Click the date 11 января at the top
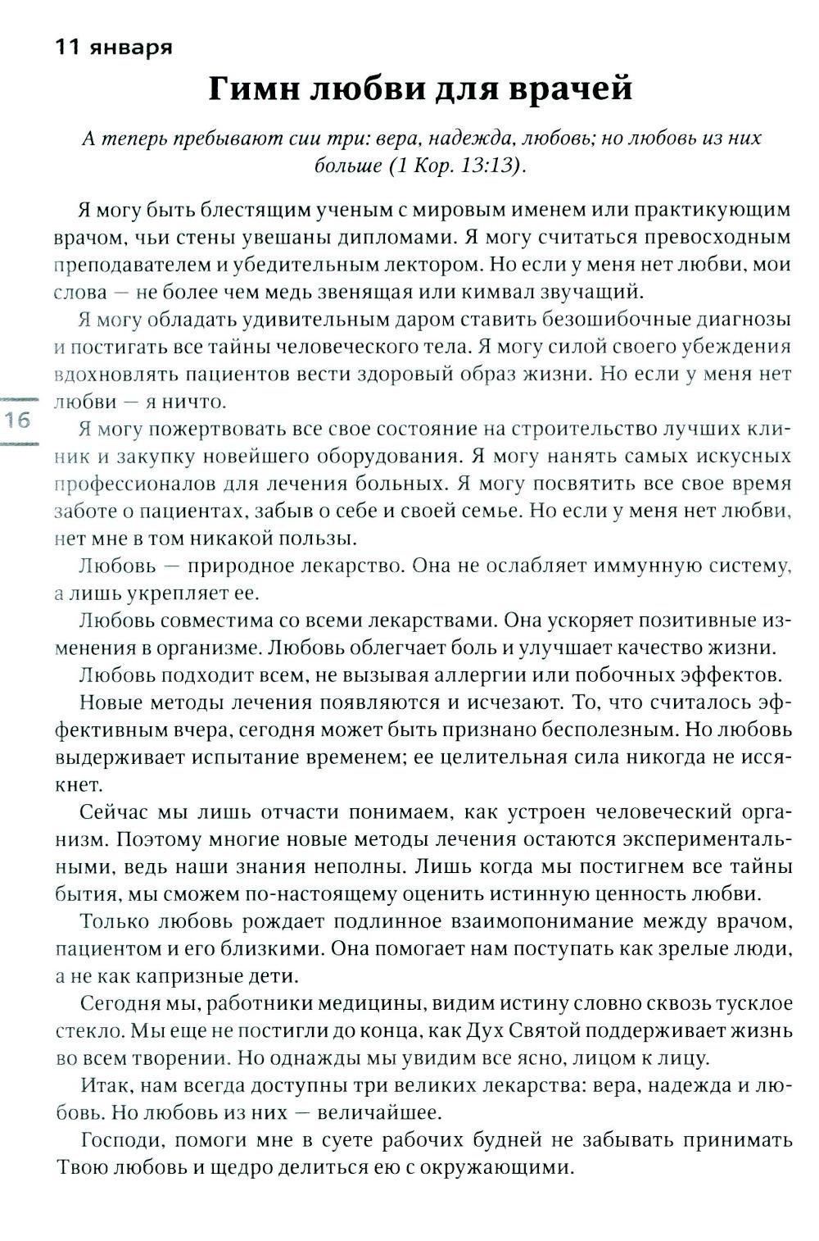point(113,47)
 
